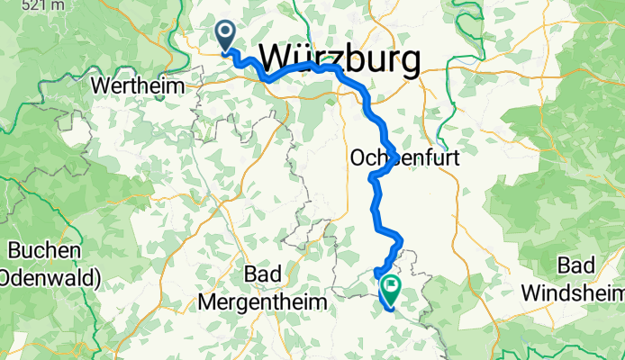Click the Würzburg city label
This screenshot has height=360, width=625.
click(340, 61)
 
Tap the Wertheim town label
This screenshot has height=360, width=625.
click(139, 86)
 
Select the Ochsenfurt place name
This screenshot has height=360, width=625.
click(403, 157)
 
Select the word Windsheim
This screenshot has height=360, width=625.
click(572, 293)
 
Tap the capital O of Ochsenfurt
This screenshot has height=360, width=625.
click(355, 157)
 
